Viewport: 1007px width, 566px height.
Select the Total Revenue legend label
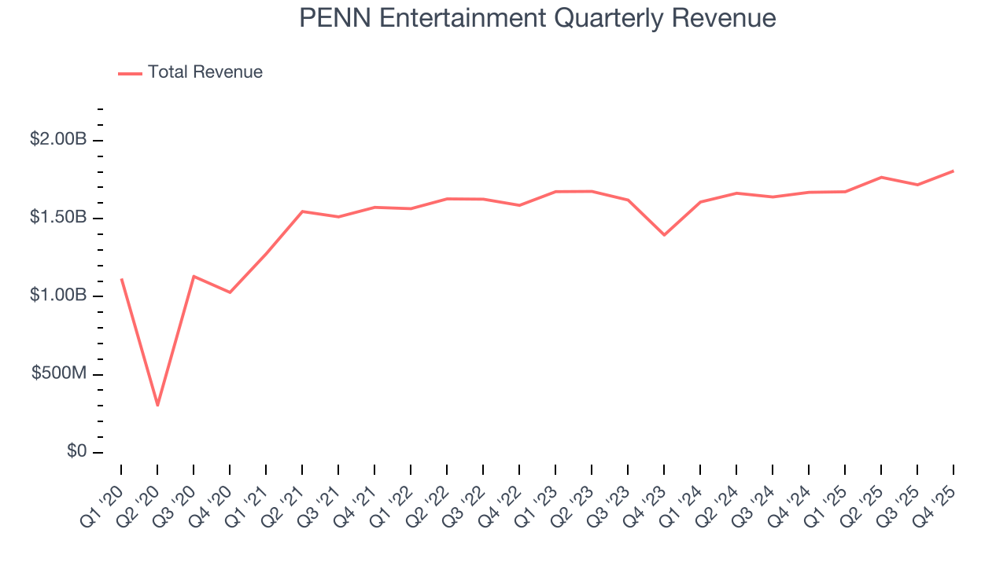click(205, 72)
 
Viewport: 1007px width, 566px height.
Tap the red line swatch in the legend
click(130, 73)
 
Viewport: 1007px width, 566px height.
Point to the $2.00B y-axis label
click(58, 140)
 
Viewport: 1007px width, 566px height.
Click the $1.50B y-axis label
click(58, 218)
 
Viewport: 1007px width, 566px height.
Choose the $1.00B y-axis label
click(58, 296)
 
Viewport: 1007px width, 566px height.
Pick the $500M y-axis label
click(58, 373)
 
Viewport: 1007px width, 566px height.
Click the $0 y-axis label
click(76, 452)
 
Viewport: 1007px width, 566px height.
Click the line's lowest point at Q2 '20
click(157, 405)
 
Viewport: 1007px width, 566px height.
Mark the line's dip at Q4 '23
click(664, 235)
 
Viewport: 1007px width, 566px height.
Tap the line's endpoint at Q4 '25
click(953, 171)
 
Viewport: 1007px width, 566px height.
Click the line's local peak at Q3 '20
click(194, 276)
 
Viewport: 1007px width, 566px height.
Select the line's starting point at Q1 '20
click(121, 279)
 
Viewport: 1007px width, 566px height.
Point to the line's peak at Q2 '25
click(881, 177)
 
